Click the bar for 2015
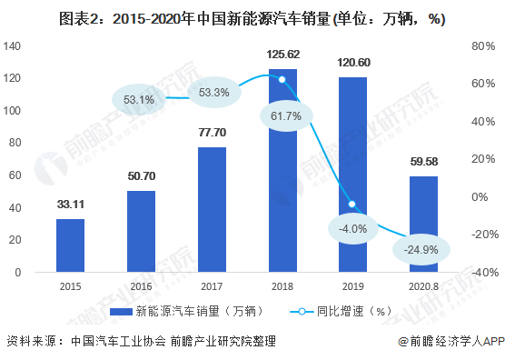70,245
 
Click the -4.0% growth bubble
351,228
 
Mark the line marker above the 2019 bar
352,204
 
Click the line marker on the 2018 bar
282,80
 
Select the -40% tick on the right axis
481,272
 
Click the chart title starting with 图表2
252,17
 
